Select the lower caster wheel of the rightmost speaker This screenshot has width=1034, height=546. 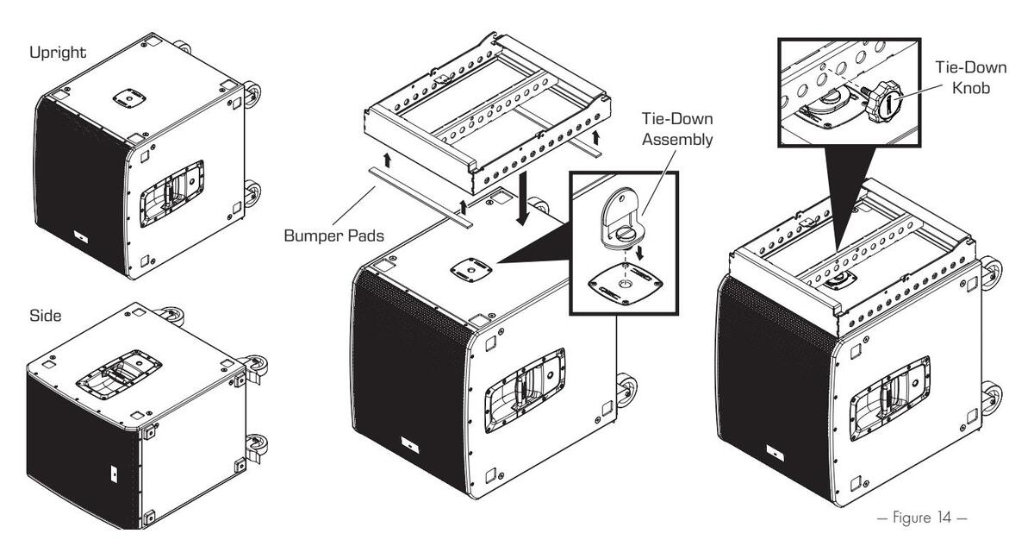(x=991, y=392)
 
